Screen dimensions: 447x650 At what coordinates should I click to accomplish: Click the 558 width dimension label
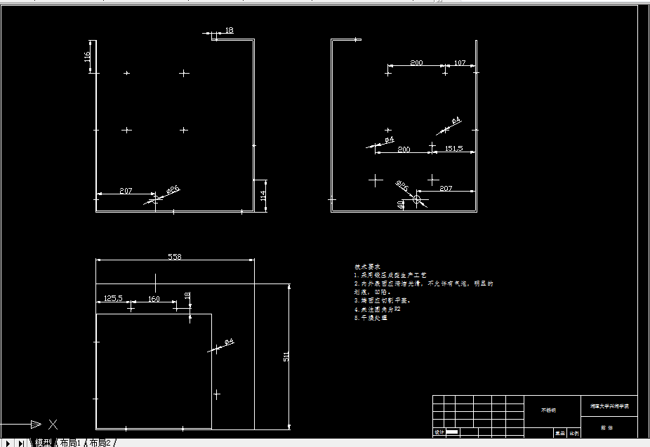[174, 257]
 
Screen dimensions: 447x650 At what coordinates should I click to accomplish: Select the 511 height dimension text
[286, 356]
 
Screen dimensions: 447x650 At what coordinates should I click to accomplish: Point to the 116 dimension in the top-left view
[88, 56]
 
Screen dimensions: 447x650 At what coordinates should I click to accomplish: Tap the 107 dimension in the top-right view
[460, 63]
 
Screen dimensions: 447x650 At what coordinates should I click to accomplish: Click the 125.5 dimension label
[112, 298]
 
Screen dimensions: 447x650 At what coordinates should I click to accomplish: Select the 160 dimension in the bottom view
[154, 299]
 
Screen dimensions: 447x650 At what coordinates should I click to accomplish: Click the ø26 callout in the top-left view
[173, 189]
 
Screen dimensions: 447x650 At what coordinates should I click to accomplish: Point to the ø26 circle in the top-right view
[417, 199]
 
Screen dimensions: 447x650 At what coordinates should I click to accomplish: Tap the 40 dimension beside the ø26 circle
[401, 204]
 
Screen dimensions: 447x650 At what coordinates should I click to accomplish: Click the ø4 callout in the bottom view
[229, 342]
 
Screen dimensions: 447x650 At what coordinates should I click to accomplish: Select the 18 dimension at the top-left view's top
[230, 30]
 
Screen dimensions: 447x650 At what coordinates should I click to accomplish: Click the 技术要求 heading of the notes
[367, 267]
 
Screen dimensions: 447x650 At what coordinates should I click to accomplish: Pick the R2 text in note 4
[397, 309]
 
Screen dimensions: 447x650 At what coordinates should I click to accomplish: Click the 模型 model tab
[44, 442]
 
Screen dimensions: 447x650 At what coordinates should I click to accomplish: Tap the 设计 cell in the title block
[439, 432]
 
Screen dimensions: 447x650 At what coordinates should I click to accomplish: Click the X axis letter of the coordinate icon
[53, 424]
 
